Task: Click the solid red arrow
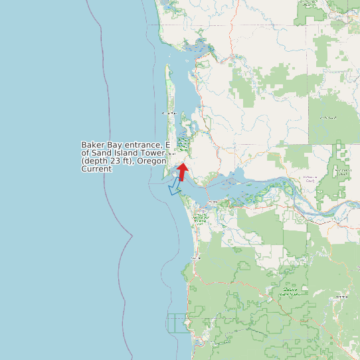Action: click(182, 171)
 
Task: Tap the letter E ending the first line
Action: click(168, 145)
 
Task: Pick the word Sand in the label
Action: click(101, 153)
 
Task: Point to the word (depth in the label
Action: click(96, 161)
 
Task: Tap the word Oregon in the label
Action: click(153, 161)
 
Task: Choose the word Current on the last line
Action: click(96, 169)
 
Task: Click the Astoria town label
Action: click(213, 203)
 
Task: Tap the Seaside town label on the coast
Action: click(195, 257)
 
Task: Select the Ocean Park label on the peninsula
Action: click(168, 114)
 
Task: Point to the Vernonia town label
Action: click(343, 296)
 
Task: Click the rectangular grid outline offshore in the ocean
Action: click(177, 323)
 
